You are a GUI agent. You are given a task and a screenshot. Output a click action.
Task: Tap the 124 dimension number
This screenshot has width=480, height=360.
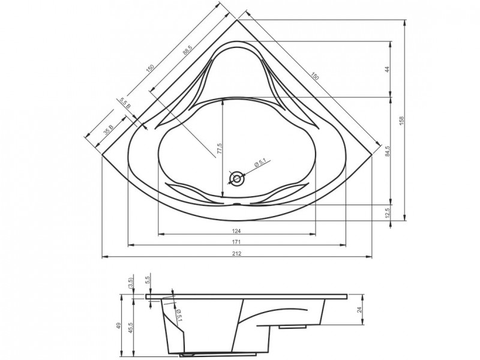236,230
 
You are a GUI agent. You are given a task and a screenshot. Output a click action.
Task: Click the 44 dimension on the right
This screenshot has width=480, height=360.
387,69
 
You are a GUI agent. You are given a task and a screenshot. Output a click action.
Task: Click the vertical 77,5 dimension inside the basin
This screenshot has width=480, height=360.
220,149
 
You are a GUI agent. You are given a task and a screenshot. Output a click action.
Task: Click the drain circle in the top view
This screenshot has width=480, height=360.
238,178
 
